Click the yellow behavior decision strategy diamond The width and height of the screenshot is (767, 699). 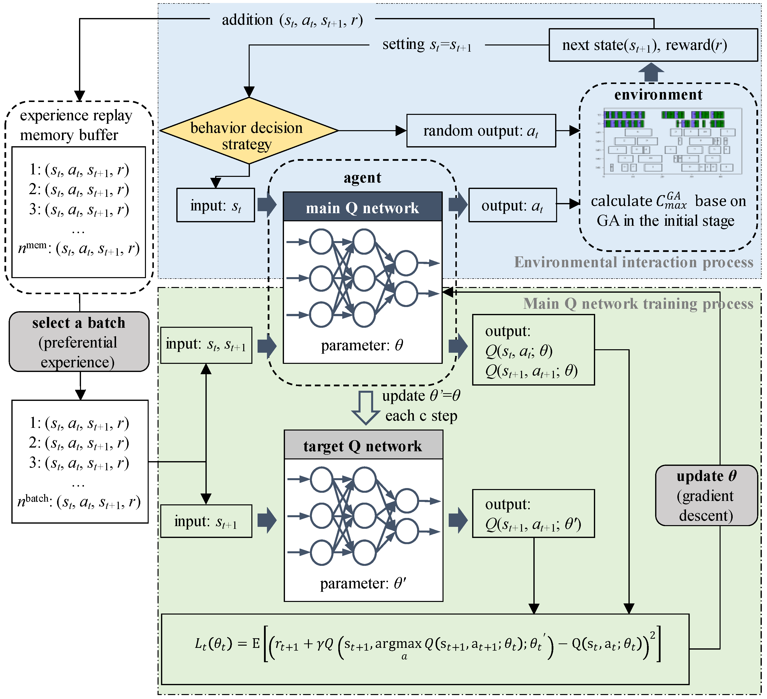[x=249, y=131]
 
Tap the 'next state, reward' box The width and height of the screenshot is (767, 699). [x=653, y=45]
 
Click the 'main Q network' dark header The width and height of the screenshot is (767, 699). [x=363, y=207]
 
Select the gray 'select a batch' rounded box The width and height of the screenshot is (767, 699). [x=79, y=342]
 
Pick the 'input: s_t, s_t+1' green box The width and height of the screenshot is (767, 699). [x=206, y=345]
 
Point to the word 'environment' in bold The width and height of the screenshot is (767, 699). [x=658, y=94]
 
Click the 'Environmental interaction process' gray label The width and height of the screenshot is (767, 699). [x=633, y=262]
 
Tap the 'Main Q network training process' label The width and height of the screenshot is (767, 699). [x=638, y=304]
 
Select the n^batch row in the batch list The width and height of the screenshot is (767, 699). [x=79, y=502]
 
